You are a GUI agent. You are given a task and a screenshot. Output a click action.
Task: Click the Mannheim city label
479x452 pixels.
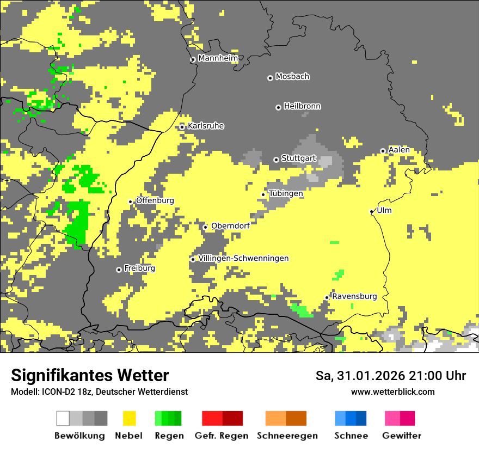coord(218,58)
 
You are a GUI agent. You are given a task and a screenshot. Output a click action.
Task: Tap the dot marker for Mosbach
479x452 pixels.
coord(270,78)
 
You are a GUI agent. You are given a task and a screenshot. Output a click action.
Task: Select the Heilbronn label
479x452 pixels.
coord(302,106)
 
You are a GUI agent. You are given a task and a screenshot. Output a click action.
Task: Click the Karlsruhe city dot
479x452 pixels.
coord(182,127)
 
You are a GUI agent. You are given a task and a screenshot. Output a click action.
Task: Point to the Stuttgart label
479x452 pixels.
coord(299,158)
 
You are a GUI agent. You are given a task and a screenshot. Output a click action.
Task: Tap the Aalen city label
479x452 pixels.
coord(399,150)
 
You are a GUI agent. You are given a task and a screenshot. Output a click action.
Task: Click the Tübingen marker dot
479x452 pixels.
coord(263,194)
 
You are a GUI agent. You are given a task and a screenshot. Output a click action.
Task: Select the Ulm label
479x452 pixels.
coord(384,210)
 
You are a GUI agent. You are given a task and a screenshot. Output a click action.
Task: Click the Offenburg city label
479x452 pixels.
coord(155,200)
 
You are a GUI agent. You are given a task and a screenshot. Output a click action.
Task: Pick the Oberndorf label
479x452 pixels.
coord(230,226)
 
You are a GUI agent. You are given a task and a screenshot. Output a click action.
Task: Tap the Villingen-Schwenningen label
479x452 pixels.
coord(243,258)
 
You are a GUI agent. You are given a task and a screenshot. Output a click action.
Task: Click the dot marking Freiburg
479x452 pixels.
coord(119,270)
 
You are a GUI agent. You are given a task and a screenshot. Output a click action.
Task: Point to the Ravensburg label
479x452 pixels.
coord(354,296)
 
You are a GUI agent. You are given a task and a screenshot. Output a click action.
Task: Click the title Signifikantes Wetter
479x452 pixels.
coord(90,376)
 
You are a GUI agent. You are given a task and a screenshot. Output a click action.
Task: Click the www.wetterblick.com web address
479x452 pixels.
coord(392,392)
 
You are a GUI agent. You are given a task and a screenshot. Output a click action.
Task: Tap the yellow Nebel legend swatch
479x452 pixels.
coord(128,418)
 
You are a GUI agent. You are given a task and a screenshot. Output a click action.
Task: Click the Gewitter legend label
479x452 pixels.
coord(401,436)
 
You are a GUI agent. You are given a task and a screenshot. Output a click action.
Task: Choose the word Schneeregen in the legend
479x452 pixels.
coord(287,436)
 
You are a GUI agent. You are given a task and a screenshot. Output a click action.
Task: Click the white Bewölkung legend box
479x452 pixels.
coord(63,418)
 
